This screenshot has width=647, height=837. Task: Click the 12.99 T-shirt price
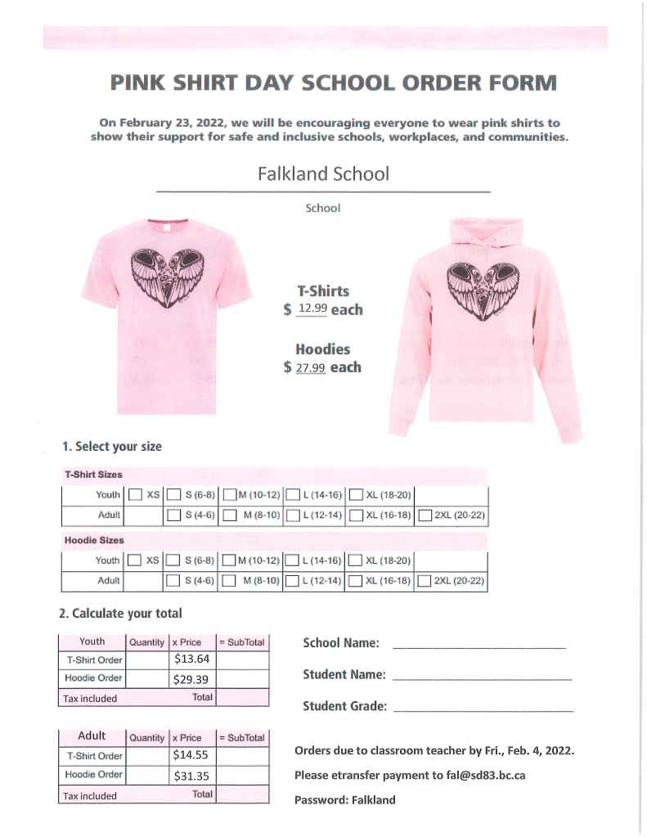[x=312, y=308]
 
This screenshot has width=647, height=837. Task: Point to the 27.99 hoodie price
[x=311, y=367]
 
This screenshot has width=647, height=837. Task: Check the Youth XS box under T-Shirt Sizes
[x=136, y=495]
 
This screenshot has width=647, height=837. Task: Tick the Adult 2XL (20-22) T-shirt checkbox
[x=425, y=515]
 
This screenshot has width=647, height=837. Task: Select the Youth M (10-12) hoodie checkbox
[x=230, y=560]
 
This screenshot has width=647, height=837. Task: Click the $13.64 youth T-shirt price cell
[x=192, y=659]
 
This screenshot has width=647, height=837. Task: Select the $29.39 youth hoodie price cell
[x=192, y=678]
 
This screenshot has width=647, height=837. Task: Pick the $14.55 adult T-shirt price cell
[x=192, y=756]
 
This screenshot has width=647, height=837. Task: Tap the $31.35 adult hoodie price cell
[x=192, y=775]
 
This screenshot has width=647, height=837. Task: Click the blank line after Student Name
[x=482, y=677]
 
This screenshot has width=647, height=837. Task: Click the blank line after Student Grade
[x=483, y=709]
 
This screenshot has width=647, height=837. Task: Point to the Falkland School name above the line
[x=323, y=174]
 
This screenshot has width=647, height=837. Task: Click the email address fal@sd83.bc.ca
[x=479, y=775]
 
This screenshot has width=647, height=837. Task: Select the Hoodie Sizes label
[x=94, y=540]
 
